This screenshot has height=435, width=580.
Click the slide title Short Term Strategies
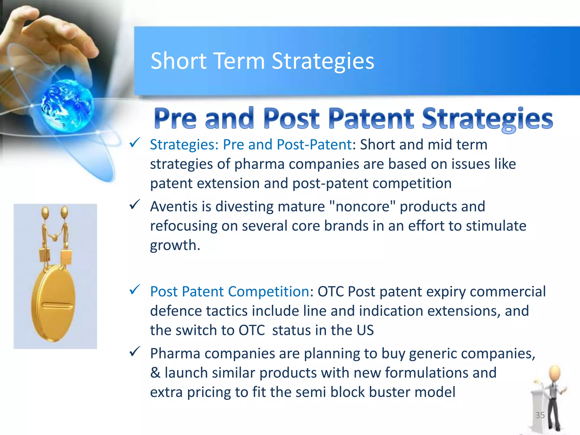262,61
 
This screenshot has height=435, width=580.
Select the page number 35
540,415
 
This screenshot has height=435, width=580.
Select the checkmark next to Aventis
135,204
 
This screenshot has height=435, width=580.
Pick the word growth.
175,245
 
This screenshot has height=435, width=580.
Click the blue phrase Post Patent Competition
229,291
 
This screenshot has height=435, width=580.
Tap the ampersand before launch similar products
155,373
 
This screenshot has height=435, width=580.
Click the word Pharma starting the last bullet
175,353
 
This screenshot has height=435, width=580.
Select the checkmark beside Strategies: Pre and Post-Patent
135,143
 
